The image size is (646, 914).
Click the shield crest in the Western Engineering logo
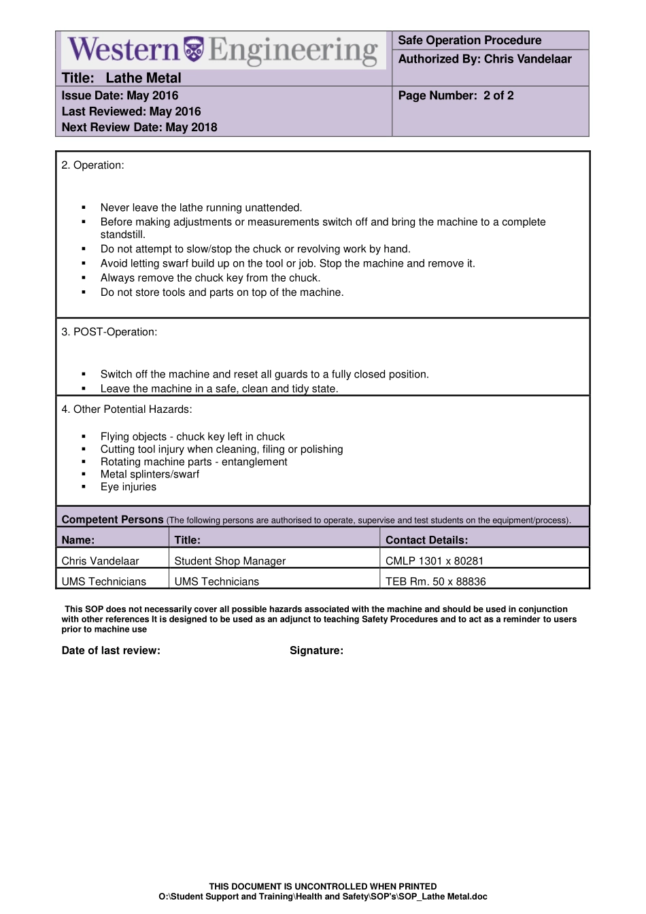click(x=194, y=49)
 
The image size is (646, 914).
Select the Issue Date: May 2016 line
click(x=120, y=96)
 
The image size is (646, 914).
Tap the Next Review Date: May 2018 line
click(x=139, y=127)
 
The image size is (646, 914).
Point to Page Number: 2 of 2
click(x=456, y=96)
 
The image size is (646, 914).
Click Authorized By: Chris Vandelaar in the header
click(x=484, y=59)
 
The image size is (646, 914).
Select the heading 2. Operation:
click(x=92, y=165)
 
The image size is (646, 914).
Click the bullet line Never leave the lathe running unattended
click(x=201, y=208)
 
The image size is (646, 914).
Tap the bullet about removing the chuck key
click(x=210, y=278)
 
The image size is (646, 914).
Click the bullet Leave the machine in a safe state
click(x=219, y=389)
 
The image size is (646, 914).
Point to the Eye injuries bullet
click(x=128, y=487)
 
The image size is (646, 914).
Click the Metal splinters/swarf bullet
click(x=150, y=475)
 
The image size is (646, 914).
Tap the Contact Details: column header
click(x=426, y=541)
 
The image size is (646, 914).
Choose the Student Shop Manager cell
click(x=230, y=561)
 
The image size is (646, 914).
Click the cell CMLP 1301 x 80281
click(x=434, y=561)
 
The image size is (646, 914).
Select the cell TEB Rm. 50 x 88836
click(x=435, y=581)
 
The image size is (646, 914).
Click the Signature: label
click(x=316, y=651)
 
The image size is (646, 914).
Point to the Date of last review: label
click(x=111, y=651)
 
